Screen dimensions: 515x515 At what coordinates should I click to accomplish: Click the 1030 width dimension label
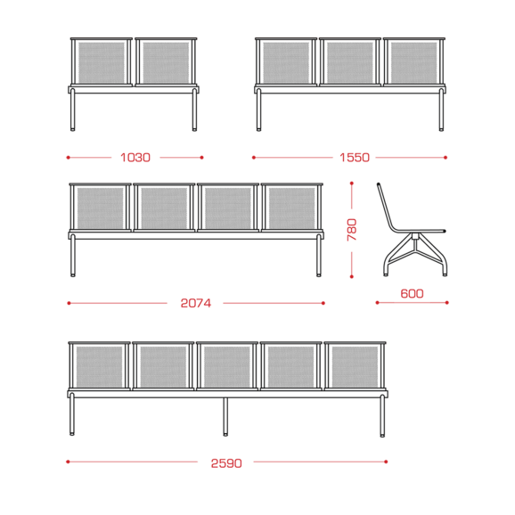point(135,158)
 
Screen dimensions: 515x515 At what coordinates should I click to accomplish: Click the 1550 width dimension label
point(355,158)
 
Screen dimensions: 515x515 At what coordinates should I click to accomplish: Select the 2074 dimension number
point(196,303)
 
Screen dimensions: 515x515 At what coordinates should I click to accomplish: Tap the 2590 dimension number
point(226,463)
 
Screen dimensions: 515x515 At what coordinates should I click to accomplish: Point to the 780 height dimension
point(352,230)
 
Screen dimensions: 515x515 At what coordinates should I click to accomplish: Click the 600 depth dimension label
point(412,293)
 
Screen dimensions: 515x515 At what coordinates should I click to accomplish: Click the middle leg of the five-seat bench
point(225,417)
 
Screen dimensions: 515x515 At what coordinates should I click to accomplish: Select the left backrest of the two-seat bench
point(102,62)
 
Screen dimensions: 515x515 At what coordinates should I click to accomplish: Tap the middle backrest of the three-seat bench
point(350,62)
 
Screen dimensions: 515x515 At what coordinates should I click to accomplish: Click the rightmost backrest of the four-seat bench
point(292,208)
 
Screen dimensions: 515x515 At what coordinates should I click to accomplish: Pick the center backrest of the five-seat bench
point(227,366)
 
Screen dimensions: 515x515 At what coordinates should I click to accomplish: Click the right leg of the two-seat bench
point(194,110)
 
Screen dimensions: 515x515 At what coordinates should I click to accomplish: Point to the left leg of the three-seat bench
point(258,110)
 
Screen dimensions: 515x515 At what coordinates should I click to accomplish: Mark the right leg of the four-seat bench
point(319,256)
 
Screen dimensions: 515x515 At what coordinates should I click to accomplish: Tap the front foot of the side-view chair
point(445,274)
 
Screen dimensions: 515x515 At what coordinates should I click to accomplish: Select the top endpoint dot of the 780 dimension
point(352,184)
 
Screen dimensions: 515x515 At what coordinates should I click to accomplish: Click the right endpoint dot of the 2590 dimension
point(386,462)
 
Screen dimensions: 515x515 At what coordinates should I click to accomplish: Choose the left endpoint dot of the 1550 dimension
point(254,158)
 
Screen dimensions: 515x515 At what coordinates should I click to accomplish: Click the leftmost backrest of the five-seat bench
point(99,366)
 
